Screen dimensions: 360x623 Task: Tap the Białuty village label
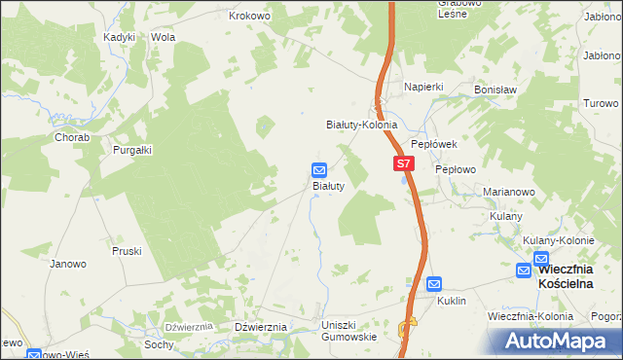(x=327, y=185)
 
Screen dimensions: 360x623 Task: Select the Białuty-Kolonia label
(x=361, y=126)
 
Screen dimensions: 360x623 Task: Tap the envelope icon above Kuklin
(x=434, y=284)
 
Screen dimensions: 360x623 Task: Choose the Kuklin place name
(x=452, y=301)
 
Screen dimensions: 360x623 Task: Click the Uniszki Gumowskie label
(x=348, y=330)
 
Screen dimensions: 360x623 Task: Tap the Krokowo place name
(x=248, y=17)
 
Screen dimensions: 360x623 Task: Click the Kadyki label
(x=120, y=37)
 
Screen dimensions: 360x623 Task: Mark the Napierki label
(x=424, y=87)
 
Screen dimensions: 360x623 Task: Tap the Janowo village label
(x=68, y=264)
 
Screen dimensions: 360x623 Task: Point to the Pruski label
(x=127, y=250)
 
